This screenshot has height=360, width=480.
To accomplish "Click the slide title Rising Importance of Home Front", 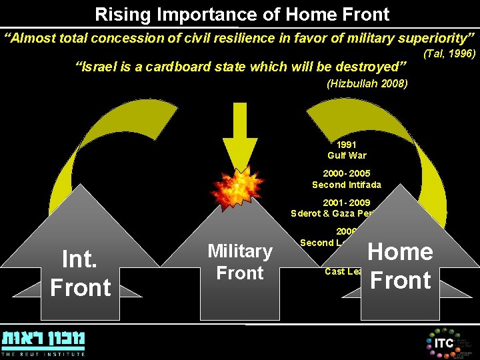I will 242,13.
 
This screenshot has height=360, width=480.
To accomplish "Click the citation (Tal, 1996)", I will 449,53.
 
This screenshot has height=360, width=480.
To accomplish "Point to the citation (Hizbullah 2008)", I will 367,84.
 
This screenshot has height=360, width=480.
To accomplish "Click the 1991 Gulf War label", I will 347,150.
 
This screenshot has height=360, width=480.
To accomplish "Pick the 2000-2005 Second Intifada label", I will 347,179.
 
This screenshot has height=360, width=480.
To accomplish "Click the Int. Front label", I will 81,273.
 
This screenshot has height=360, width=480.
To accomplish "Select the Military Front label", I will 240,262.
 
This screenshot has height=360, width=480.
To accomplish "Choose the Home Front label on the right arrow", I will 400,265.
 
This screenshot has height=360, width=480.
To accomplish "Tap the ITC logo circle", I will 443,343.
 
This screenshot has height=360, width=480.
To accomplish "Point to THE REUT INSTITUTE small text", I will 43,354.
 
